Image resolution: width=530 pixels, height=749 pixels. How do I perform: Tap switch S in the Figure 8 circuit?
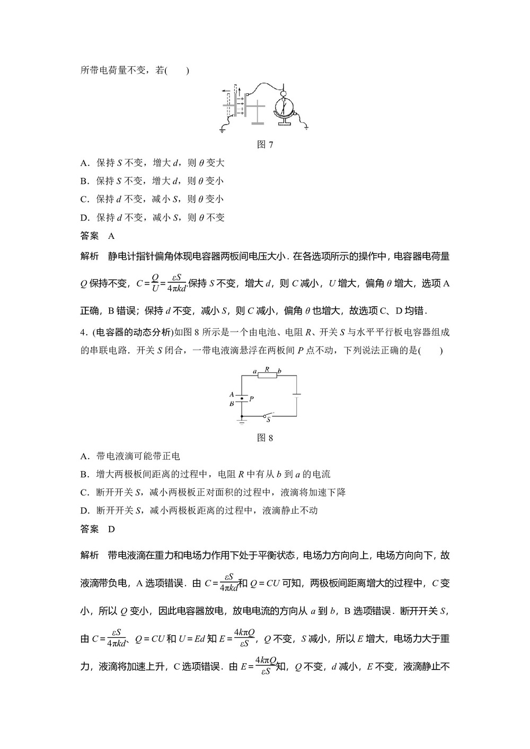268,416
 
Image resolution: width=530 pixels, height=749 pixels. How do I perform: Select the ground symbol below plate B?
242,422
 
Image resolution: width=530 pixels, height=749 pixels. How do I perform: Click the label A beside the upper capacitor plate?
232,394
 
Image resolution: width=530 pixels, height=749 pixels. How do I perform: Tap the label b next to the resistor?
280,370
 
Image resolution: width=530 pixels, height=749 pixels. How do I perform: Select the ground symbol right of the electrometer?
306,126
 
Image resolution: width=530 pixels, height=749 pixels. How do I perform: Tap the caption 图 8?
264,438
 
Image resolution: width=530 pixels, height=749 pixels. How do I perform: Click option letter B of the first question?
83,181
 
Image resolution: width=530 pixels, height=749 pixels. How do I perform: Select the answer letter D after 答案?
111,529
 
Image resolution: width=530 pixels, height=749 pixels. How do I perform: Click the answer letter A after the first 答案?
111,236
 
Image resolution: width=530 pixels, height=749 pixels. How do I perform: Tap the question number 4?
83,332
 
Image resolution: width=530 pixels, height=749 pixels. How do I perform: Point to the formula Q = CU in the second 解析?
264,583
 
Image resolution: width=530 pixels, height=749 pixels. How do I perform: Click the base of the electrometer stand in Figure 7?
284,124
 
